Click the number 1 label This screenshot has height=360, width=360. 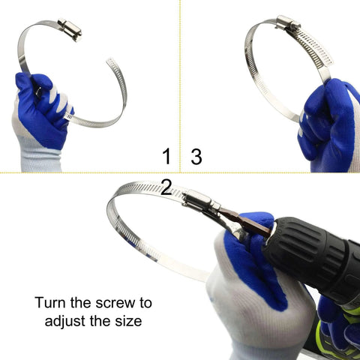pos(166,156)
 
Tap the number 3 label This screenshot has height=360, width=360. pos(196,156)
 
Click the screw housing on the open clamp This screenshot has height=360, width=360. pos(68,30)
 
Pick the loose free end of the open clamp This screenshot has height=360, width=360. pos(112,63)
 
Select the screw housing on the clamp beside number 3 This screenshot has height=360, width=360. pos(287,23)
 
